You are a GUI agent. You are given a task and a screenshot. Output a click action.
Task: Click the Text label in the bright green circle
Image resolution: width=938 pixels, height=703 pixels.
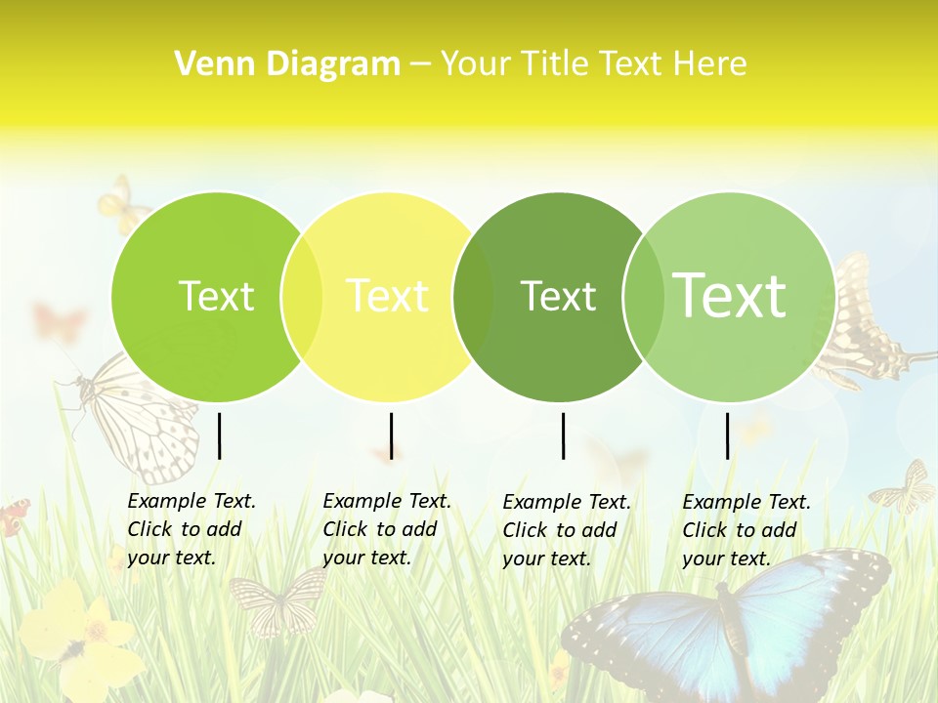pyautogui.click(x=216, y=296)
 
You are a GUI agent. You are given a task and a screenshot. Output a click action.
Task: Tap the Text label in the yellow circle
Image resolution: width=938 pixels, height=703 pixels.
pyautogui.click(x=387, y=296)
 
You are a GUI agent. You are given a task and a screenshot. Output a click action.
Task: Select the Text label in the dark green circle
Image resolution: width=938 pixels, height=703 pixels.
pyautogui.click(x=558, y=296)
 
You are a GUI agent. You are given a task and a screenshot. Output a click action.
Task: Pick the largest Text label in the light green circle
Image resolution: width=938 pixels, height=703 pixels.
pyautogui.click(x=729, y=295)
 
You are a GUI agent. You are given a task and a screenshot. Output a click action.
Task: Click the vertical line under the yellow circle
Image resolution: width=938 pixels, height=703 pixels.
pyautogui.click(x=391, y=435)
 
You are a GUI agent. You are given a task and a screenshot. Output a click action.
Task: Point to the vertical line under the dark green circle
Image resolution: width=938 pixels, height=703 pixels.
pyautogui.click(x=563, y=435)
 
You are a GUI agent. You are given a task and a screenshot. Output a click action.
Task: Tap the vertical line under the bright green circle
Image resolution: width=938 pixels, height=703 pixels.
pyautogui.click(x=219, y=435)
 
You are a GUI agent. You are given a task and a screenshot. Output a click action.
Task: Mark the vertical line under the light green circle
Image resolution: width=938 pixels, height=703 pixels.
pyautogui.click(x=727, y=435)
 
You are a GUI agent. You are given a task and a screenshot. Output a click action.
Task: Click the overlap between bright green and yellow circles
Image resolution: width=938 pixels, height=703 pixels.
pyautogui.click(x=302, y=297)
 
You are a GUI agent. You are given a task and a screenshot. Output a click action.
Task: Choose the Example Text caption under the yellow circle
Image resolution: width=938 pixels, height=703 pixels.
pyautogui.click(x=386, y=529)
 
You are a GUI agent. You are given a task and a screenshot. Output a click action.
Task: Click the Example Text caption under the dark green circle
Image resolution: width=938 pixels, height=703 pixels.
pyautogui.click(x=566, y=530)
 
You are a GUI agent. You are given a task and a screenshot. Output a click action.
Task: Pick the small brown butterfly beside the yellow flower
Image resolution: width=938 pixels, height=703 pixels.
pyautogui.click(x=278, y=600)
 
